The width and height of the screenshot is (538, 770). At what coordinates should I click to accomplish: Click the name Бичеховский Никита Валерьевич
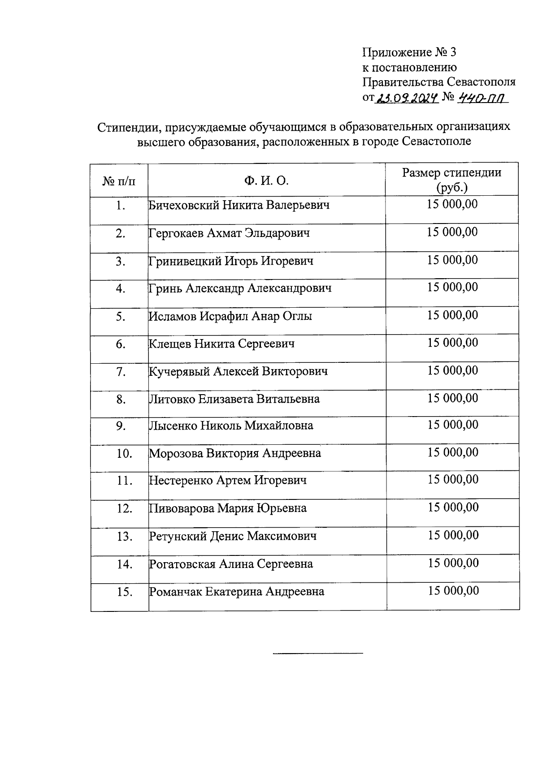tap(239, 206)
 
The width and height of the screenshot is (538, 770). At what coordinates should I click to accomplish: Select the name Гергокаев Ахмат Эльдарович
tap(229, 233)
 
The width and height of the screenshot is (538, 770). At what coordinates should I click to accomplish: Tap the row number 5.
tap(120, 317)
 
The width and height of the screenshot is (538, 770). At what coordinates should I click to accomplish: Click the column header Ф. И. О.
tap(266, 181)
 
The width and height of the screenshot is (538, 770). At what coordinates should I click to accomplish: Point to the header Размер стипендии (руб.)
tap(451, 180)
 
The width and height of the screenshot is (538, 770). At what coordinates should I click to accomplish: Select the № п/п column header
tap(119, 181)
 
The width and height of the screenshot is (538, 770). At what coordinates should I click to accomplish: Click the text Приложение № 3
tap(409, 52)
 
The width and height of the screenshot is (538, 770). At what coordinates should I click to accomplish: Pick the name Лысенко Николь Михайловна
tap(231, 426)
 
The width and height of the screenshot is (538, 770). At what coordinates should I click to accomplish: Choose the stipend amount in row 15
tap(453, 591)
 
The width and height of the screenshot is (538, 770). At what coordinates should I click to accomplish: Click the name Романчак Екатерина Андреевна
tap(236, 592)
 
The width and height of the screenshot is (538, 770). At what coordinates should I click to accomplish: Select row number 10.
tap(124, 454)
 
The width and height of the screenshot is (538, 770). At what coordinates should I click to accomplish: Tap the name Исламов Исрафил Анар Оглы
tap(230, 316)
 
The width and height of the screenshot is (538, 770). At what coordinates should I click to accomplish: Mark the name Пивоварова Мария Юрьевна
tap(228, 508)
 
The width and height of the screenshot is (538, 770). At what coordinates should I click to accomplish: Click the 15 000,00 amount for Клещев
tap(453, 343)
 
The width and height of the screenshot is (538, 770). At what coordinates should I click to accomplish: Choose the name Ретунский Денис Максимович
tap(233, 536)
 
